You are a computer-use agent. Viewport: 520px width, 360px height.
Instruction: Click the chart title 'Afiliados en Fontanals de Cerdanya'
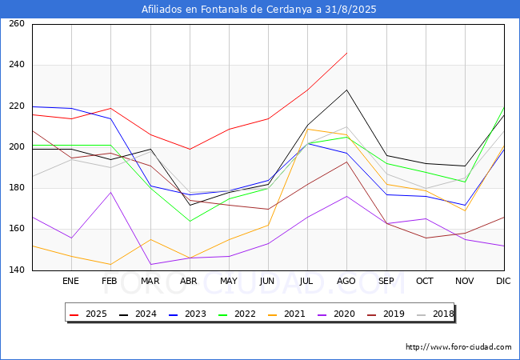click(x=226, y=10)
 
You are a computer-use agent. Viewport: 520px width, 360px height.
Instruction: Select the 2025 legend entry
click(x=89, y=314)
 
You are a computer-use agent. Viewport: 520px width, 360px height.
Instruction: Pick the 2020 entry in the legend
click(x=337, y=314)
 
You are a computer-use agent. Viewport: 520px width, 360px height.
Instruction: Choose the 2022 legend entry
click(x=238, y=314)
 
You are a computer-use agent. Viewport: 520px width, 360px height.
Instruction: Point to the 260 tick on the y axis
click(x=17, y=23)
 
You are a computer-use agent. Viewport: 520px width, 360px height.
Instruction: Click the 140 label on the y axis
click(x=17, y=270)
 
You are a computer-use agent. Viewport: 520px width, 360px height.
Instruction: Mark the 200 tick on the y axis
click(x=17, y=147)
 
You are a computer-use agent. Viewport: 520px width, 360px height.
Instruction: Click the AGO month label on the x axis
click(x=346, y=281)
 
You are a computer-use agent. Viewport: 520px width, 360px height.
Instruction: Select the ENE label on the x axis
click(x=70, y=281)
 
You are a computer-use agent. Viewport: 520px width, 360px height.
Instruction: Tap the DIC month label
click(x=503, y=281)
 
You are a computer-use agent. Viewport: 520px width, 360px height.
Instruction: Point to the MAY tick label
click(x=229, y=281)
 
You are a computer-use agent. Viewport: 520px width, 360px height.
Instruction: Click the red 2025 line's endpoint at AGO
click(x=347, y=53)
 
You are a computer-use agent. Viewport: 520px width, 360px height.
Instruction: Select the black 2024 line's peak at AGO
click(x=347, y=90)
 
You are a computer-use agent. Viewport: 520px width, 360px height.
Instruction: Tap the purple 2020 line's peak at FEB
click(x=110, y=192)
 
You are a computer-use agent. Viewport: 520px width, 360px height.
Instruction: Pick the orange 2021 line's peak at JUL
click(x=308, y=129)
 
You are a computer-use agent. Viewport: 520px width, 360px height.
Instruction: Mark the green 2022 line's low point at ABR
click(x=190, y=221)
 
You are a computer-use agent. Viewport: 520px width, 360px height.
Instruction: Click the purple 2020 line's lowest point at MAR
click(x=150, y=265)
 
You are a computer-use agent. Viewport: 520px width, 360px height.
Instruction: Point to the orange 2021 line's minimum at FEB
click(x=110, y=265)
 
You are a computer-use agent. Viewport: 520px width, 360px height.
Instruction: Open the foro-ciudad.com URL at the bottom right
click(x=458, y=347)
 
